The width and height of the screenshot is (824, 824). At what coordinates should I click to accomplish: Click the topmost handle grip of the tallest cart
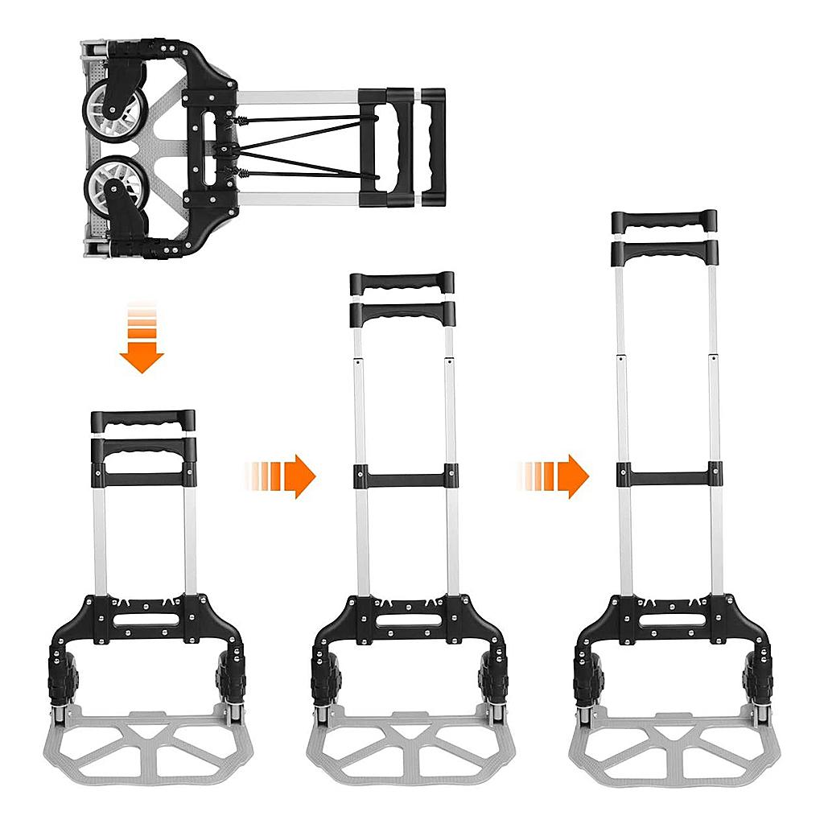click(664, 220)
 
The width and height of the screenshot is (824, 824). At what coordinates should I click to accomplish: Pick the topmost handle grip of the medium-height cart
click(402, 283)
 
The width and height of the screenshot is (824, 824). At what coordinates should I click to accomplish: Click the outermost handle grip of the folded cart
click(433, 145)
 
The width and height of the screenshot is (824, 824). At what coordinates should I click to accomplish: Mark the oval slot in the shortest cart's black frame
click(142, 620)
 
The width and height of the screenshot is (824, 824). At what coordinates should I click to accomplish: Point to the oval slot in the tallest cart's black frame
click(673, 620)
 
